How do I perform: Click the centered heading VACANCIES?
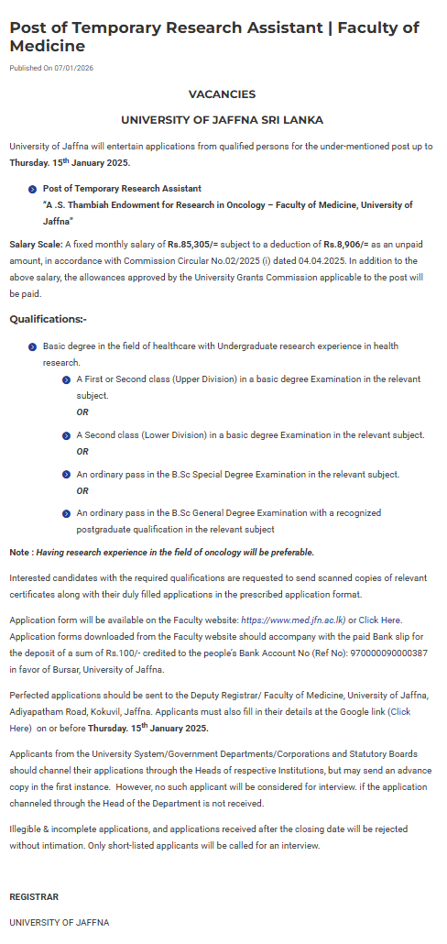[222, 94]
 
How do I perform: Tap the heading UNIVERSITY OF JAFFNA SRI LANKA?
[222, 120]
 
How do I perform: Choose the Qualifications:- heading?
[48, 319]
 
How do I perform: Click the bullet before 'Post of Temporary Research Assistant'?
[33, 189]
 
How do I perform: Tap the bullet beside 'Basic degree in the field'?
[33, 347]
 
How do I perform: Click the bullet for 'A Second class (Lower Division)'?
[67, 435]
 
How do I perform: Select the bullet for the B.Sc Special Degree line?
[67, 475]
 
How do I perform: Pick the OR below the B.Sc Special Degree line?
[82, 491]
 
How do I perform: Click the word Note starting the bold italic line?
[19, 553]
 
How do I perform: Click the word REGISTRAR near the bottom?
[34, 896]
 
